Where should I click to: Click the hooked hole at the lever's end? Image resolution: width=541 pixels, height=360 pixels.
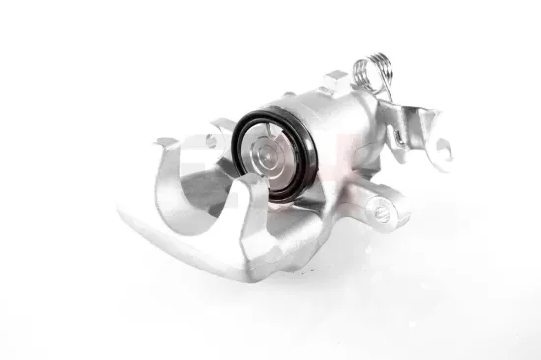[443, 150]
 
